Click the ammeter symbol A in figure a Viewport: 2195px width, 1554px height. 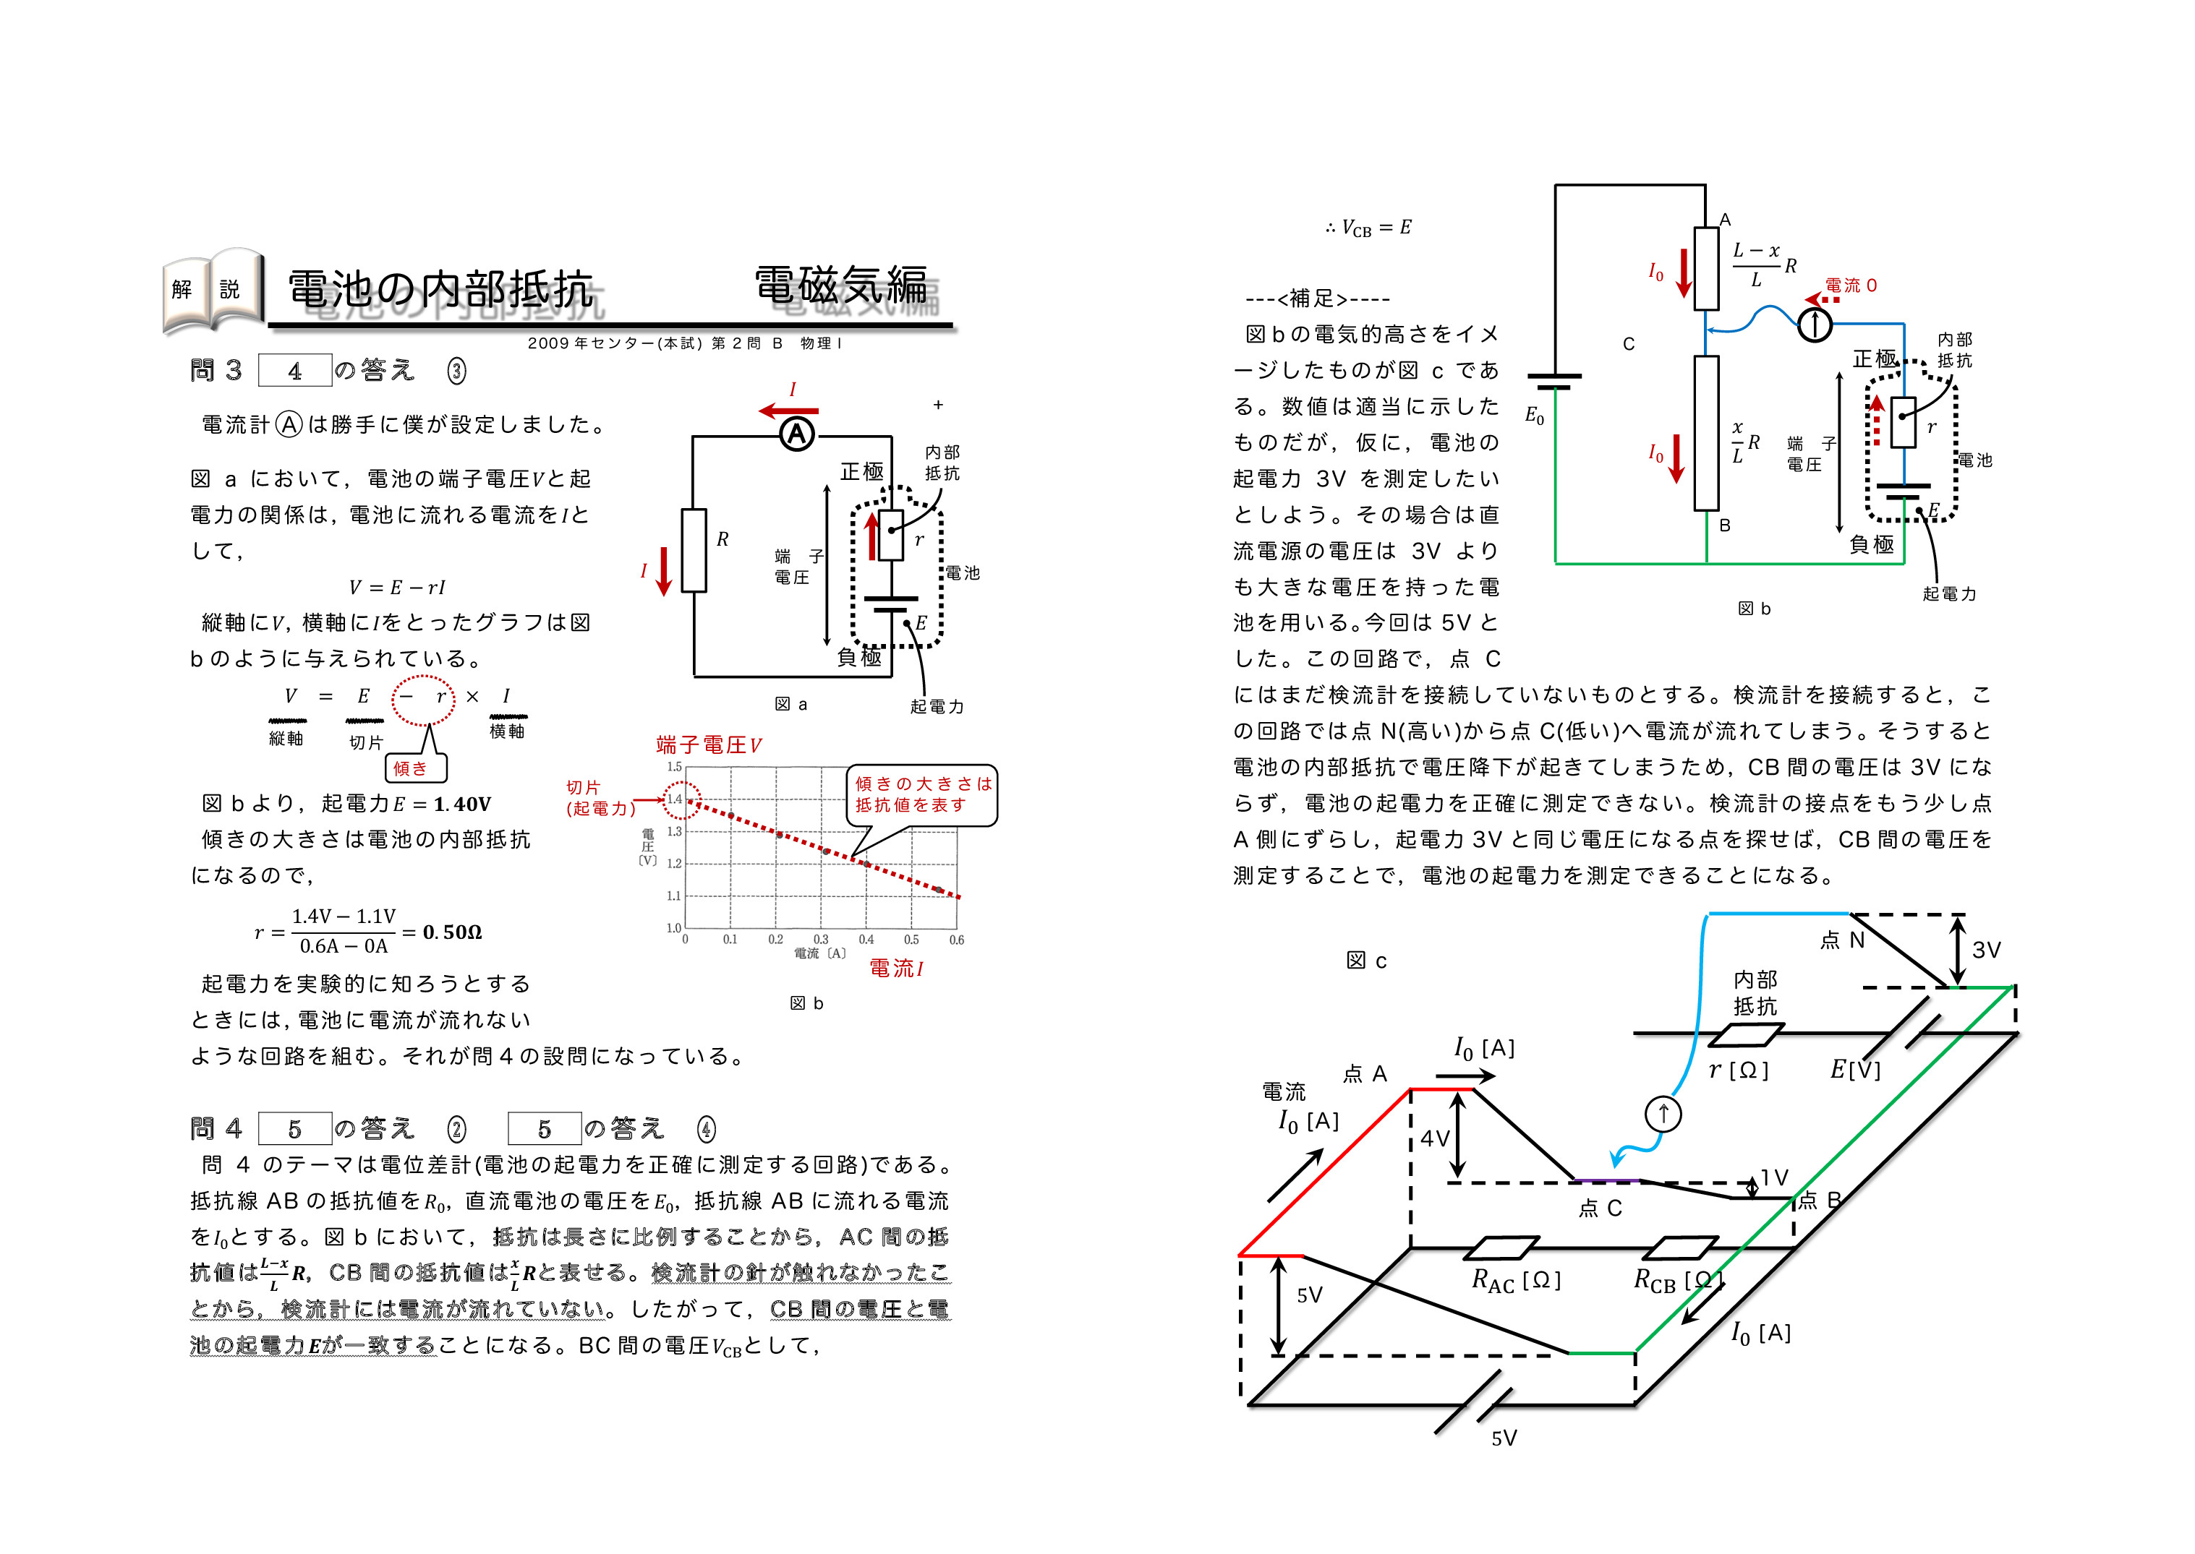pos(796,434)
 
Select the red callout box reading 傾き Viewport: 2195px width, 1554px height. pos(414,768)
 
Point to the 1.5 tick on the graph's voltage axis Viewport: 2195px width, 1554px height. pos(674,766)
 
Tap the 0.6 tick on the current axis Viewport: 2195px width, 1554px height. pos(955,940)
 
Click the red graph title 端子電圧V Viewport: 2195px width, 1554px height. pos(708,744)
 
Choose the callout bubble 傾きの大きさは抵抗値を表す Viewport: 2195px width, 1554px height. pos(922,794)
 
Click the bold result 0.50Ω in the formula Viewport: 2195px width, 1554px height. pos(452,932)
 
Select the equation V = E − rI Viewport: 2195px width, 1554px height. pos(396,588)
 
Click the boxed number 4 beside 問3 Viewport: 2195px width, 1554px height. pos(295,370)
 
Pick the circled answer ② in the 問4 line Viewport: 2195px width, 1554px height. pos(456,1129)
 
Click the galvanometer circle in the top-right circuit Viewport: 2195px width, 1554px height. pos(1814,325)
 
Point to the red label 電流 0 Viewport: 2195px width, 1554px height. pos(1851,286)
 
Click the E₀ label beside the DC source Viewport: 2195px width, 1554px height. pos(1533,416)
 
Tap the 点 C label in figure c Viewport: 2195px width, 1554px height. pos(1600,1209)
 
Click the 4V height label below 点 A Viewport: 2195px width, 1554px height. pos(1434,1138)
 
